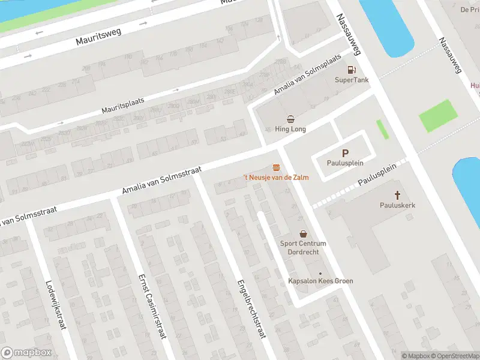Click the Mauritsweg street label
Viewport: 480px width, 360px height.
pos(98,37)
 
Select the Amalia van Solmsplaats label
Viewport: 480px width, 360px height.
pos(307,74)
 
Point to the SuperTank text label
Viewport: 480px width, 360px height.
pos(352,80)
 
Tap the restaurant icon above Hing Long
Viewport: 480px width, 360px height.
pos(290,119)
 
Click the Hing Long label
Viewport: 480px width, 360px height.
pos(290,129)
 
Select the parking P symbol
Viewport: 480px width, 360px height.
pos(345,154)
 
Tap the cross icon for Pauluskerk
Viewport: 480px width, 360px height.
pos(397,195)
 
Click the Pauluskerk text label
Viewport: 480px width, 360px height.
pos(397,205)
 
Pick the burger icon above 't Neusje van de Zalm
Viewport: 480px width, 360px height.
pos(276,166)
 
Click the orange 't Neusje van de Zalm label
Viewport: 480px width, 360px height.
pos(276,177)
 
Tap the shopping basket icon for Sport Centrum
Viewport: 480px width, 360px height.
pos(304,233)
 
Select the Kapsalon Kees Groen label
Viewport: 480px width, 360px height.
pos(319,281)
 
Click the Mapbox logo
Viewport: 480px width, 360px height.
pos(26,353)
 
